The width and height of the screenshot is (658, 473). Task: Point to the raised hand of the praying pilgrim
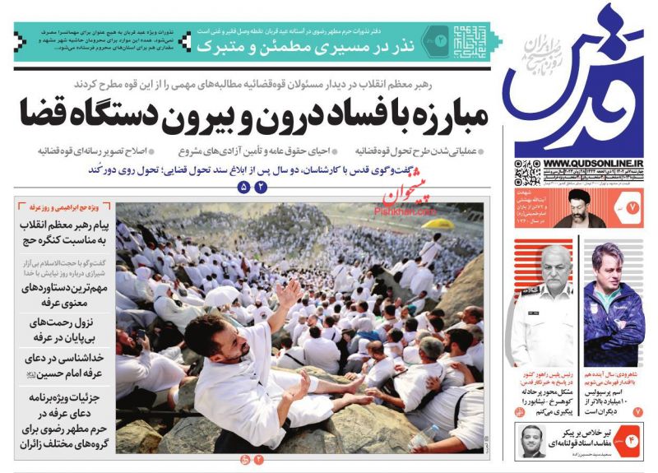pos(288,292)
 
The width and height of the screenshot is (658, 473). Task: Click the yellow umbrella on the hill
pos(443,223)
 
